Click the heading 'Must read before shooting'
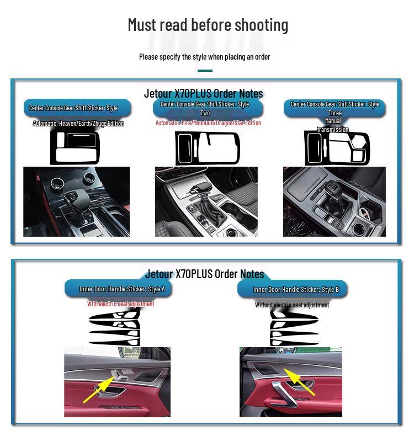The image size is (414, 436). (208, 25)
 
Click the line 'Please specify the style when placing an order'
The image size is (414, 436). (204, 57)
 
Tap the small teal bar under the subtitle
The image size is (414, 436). (205, 71)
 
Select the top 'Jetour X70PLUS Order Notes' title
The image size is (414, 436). (203, 93)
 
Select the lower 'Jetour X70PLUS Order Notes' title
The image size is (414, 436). (204, 274)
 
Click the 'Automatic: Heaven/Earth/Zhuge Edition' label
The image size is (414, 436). (78, 124)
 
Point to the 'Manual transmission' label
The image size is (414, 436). (333, 125)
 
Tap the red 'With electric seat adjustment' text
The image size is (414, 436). (120, 304)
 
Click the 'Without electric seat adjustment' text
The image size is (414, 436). (292, 305)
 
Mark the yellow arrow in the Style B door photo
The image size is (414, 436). (299, 381)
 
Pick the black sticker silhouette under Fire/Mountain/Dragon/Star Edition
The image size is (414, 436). (208, 148)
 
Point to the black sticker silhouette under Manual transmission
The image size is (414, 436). (336, 148)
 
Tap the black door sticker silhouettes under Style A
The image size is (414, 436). (115, 326)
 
